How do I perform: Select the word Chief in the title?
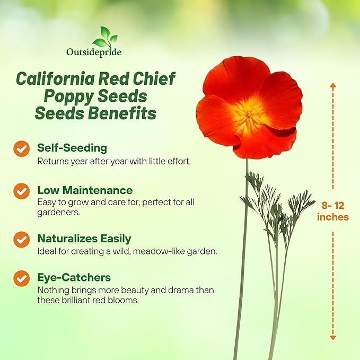click(156, 78)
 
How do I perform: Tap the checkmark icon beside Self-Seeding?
click(21, 149)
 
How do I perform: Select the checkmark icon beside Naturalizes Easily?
click(21, 239)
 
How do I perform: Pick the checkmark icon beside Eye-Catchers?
click(21, 278)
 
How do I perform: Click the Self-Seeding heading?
click(72, 147)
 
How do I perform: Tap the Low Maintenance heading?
click(85, 190)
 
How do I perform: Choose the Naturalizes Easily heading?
click(84, 239)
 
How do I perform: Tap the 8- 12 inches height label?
click(333, 211)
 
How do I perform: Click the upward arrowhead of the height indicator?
click(333, 86)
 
